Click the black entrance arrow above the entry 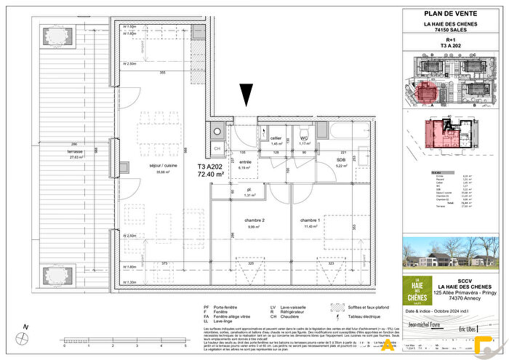click(247, 95)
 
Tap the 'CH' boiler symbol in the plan click(217, 147)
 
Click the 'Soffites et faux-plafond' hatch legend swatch click(336, 308)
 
